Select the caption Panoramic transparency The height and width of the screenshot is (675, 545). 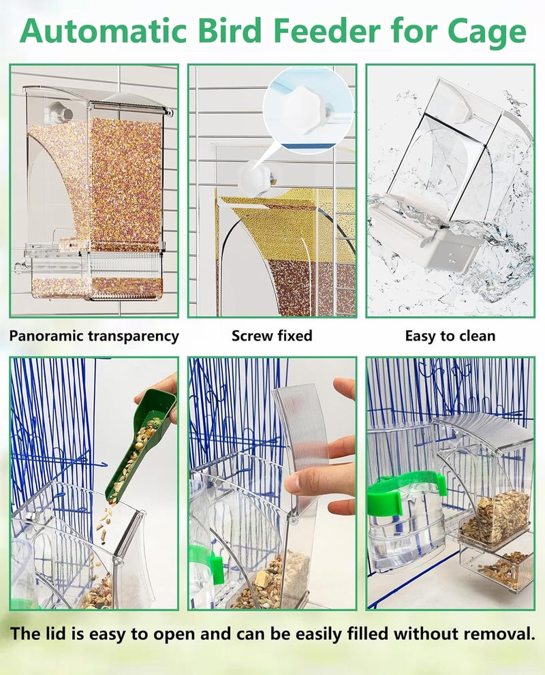[x=94, y=336]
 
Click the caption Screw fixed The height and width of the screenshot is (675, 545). [x=272, y=336]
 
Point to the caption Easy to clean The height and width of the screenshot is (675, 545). [x=450, y=336]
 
